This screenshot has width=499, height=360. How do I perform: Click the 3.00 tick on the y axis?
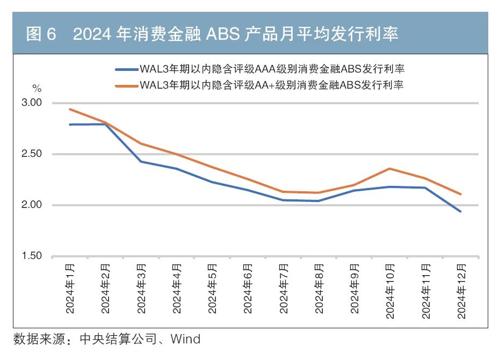pyautogui.click(x=32, y=103)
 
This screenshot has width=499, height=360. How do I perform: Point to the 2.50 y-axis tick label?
pyautogui.click(x=32, y=154)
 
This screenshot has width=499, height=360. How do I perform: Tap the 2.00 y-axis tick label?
pyautogui.click(x=32, y=205)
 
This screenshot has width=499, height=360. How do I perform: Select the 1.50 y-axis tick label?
pyautogui.click(x=32, y=256)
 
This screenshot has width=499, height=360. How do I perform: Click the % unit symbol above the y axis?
pyautogui.click(x=36, y=87)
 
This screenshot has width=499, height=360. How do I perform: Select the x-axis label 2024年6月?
pyautogui.click(x=248, y=289)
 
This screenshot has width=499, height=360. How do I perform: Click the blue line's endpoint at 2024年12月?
pyautogui.click(x=460, y=211)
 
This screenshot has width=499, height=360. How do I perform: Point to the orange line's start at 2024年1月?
pyautogui.click(x=70, y=109)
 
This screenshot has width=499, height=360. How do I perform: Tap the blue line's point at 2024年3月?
pyautogui.click(x=141, y=161)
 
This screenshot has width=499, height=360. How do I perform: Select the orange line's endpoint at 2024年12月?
pyautogui.click(x=460, y=194)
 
